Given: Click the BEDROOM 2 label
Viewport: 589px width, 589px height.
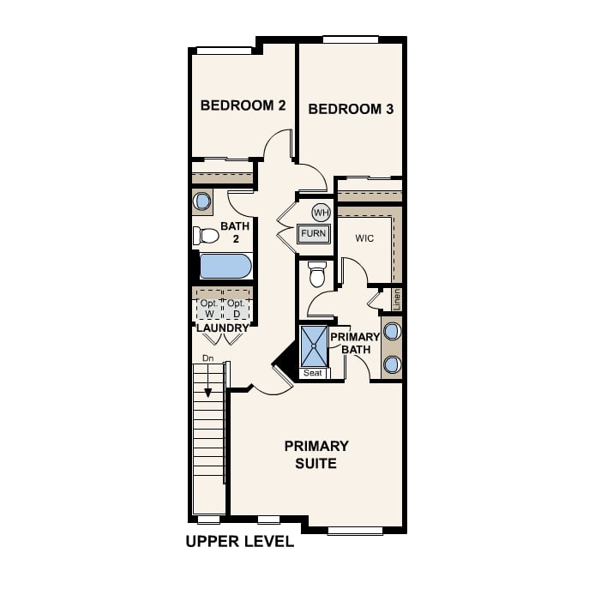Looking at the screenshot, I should tap(231, 105).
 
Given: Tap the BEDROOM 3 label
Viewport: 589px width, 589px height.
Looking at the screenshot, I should tap(344, 109).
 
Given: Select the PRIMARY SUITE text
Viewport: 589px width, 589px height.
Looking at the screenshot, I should tap(316, 454).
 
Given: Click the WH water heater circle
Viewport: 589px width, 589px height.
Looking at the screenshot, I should tap(321, 213).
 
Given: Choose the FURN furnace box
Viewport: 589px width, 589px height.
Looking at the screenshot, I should tap(314, 233).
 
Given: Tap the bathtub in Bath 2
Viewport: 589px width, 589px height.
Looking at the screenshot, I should tap(225, 266).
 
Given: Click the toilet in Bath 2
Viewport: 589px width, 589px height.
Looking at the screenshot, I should tap(205, 235).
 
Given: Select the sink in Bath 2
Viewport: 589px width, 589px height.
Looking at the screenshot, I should tap(202, 201).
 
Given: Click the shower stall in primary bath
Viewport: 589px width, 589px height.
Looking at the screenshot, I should tap(314, 346).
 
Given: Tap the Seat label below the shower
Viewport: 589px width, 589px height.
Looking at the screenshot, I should tap(313, 373).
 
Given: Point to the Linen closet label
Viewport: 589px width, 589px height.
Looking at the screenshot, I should tap(396, 299).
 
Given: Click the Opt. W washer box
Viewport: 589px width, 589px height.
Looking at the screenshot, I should tap(208, 308).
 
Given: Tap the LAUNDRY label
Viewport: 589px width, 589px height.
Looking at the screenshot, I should tap(222, 328).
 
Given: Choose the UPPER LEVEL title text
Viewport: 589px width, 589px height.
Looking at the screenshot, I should tap(239, 542).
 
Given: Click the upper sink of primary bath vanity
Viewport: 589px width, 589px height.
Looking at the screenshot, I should tap(392, 331).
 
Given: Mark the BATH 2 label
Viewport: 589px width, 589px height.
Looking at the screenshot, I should tap(235, 232).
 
